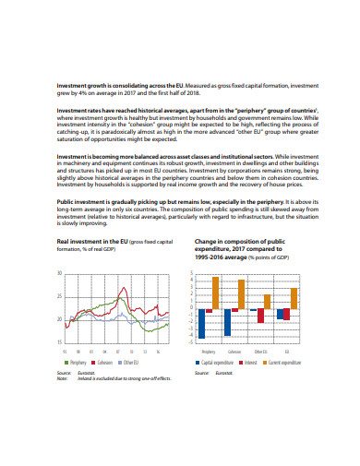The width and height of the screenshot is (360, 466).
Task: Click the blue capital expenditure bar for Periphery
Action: [x=200, y=324]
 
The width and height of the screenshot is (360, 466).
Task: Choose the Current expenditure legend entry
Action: [x=281, y=363]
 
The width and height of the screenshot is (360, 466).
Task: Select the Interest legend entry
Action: [x=249, y=363]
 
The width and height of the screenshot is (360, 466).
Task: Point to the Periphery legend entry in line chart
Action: [x=78, y=363]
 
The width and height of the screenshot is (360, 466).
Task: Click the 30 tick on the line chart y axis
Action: [x=60, y=274]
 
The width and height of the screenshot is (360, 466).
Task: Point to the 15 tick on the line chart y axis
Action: [x=60, y=341]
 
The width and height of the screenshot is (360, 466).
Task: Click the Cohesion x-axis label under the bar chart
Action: [x=235, y=352]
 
